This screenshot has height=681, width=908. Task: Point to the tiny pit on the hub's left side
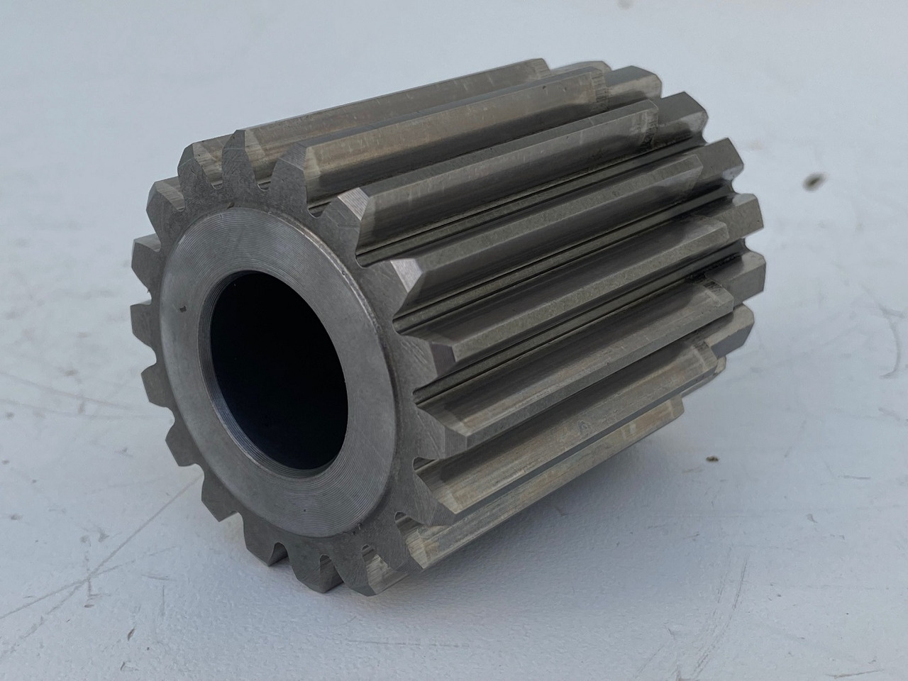[182, 309]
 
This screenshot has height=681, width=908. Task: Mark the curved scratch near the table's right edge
[880, 369]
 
